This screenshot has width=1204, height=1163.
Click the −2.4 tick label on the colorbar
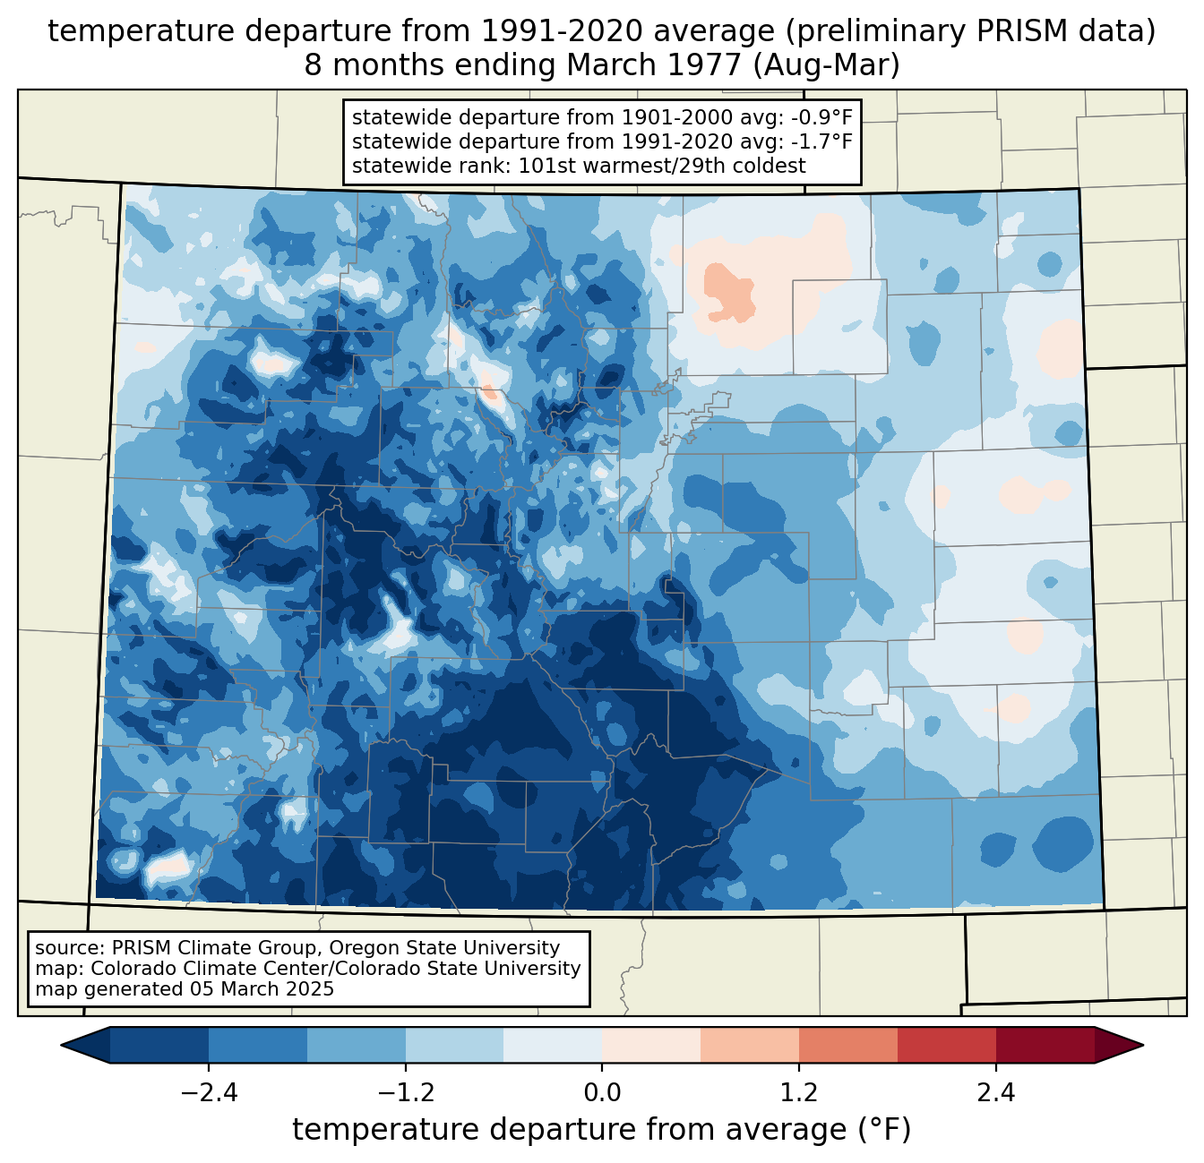[x=209, y=1093]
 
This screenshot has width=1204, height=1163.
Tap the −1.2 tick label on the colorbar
[x=405, y=1093]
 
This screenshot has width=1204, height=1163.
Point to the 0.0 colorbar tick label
[x=602, y=1093]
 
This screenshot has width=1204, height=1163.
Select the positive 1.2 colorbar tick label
[x=799, y=1093]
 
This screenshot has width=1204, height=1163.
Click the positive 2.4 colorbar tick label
[x=995, y=1093]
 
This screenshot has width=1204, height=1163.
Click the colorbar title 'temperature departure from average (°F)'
[x=602, y=1130]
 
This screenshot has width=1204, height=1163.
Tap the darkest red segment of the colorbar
[x=1045, y=1045]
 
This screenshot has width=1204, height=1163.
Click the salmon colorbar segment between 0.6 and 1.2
[x=750, y=1045]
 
